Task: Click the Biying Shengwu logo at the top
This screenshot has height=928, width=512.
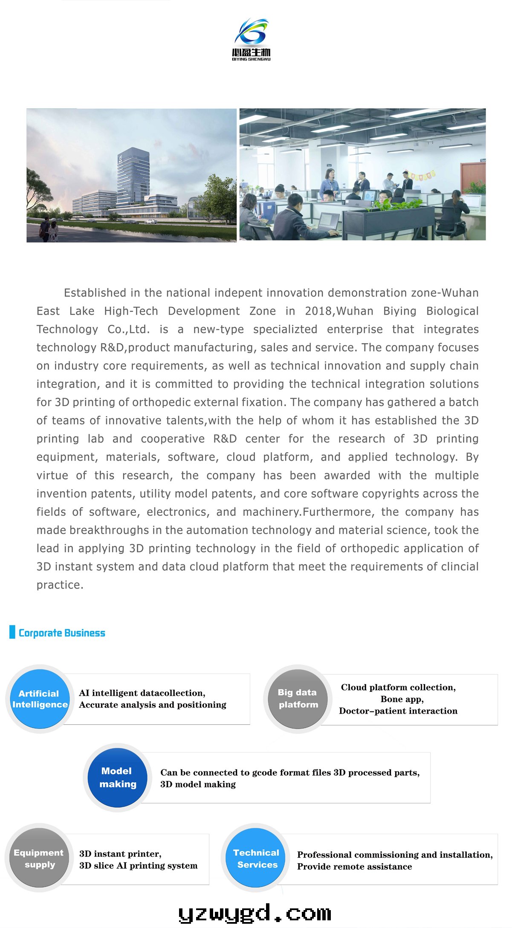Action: (252, 39)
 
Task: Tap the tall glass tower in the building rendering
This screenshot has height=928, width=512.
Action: (133, 175)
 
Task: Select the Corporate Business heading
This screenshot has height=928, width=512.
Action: (62, 633)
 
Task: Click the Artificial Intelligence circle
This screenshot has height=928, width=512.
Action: (40, 699)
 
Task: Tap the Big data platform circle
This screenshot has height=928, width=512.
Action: (298, 698)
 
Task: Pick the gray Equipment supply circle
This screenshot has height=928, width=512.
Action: (39, 858)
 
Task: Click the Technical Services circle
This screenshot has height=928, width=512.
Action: (257, 858)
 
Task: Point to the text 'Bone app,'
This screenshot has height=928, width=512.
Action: (402, 699)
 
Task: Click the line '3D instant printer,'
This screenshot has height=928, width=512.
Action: (120, 853)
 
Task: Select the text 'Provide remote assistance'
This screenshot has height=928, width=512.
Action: (354, 866)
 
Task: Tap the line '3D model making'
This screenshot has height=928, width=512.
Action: (198, 784)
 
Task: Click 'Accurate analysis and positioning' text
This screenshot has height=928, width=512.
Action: (153, 705)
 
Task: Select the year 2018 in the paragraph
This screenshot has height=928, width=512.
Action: (319, 311)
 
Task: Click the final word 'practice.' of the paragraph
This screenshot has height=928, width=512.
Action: (60, 585)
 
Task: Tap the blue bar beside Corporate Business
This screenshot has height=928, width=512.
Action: (12, 632)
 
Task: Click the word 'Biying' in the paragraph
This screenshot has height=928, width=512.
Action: (399, 311)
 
